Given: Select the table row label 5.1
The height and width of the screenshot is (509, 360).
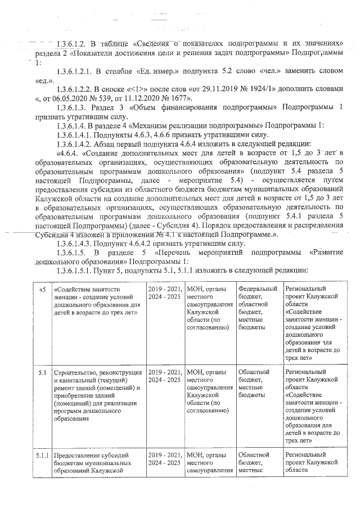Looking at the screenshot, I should coord(43,372).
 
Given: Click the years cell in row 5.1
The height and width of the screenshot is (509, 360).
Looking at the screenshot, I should coord(165,376).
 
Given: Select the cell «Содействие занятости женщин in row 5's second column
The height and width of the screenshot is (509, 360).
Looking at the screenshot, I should coord(94,301).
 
